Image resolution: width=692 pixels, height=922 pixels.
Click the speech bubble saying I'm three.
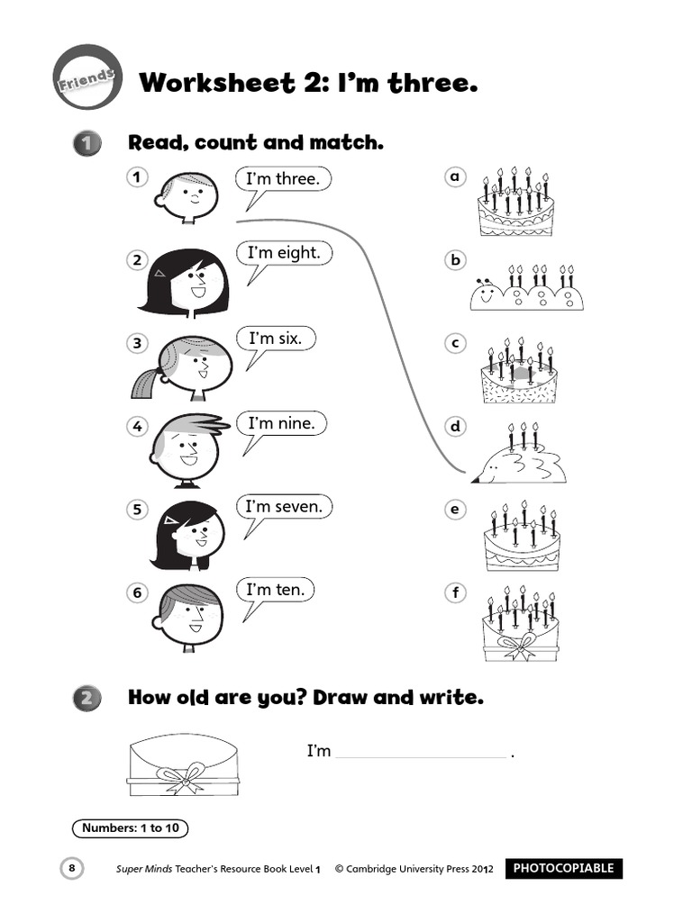point(282,179)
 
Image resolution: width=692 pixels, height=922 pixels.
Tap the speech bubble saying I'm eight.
point(284,253)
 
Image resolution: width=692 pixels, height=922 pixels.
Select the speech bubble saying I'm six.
point(281,339)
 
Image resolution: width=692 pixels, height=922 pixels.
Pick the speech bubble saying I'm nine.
point(281,423)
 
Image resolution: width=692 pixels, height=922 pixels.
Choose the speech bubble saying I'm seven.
point(283,507)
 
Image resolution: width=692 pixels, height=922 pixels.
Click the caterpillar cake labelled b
point(526,289)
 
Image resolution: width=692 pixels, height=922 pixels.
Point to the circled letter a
point(456,177)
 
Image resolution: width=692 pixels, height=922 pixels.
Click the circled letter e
point(456,511)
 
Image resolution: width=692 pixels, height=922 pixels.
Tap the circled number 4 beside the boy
point(137,426)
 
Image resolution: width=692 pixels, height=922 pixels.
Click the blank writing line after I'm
point(420,755)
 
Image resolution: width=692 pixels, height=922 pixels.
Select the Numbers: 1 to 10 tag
point(130,828)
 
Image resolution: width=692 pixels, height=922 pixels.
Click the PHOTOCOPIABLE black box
point(563,869)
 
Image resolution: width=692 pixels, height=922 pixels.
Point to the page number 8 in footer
point(72,868)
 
